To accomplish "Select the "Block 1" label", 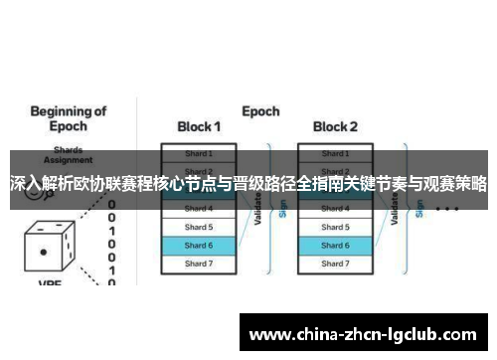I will pos(199,127).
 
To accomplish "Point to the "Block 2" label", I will pos(335,127).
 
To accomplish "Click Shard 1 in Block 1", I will pos(199,153).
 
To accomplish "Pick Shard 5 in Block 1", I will pos(199,227).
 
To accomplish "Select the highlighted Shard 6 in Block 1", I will pos(199,245).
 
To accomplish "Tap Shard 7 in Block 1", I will pos(199,264).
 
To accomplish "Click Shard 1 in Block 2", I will pos(335,153).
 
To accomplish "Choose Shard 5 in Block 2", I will pos(335,227).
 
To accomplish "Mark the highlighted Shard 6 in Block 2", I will pos(335,245).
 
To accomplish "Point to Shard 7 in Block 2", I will pos(335,264).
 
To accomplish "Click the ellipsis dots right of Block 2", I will pos(447,210).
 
